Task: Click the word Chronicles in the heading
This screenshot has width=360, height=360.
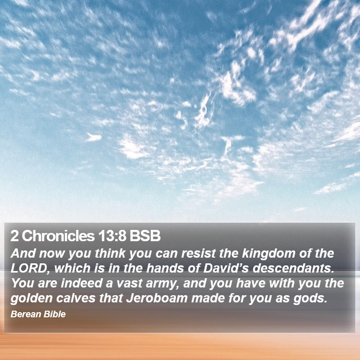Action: (x=58, y=236)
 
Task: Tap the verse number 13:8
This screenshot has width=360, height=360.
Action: (x=112, y=236)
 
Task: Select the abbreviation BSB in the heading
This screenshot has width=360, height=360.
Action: (x=145, y=236)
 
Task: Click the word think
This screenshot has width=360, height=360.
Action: (x=110, y=254)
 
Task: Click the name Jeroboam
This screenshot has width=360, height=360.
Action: (x=157, y=298)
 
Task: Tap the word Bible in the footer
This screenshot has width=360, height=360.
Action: (x=55, y=314)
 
